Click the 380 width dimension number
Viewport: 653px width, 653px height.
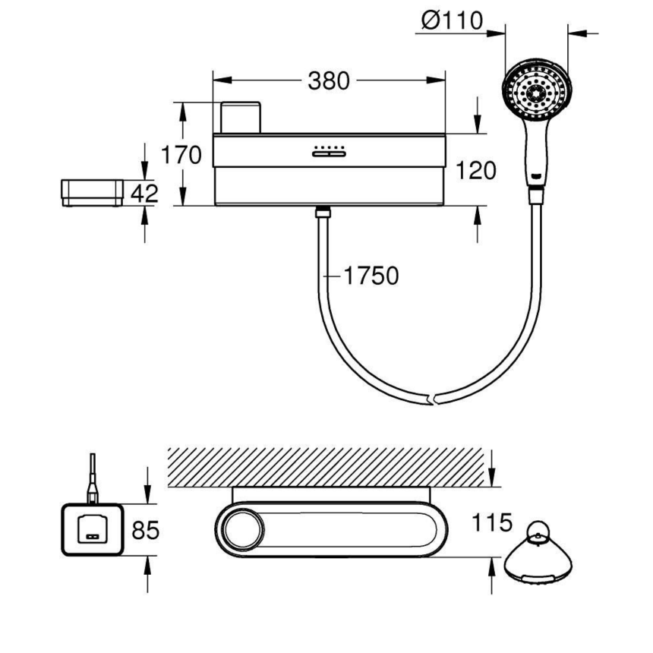pyautogui.click(x=328, y=80)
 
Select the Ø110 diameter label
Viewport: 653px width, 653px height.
pyautogui.click(x=450, y=21)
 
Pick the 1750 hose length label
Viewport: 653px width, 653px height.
pyautogui.click(x=371, y=276)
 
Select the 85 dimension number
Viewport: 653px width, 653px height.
pyautogui.click(x=145, y=530)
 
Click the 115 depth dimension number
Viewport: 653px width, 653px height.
pyautogui.click(x=491, y=524)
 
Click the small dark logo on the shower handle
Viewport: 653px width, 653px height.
pyautogui.click(x=538, y=176)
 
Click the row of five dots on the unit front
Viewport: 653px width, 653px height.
pyautogui.click(x=328, y=146)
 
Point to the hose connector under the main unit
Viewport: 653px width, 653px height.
pyautogui.click(x=323, y=210)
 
